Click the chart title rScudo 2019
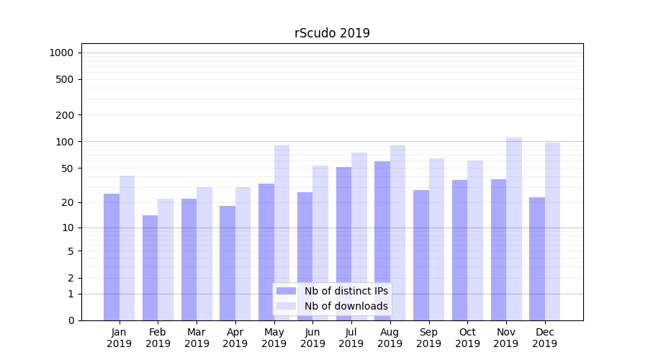332,33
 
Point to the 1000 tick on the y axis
61,53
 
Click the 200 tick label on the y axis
64,115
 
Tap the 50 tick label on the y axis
66,168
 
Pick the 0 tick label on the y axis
71,320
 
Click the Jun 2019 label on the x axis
312,338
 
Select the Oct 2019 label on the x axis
467,338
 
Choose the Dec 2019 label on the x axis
545,338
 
